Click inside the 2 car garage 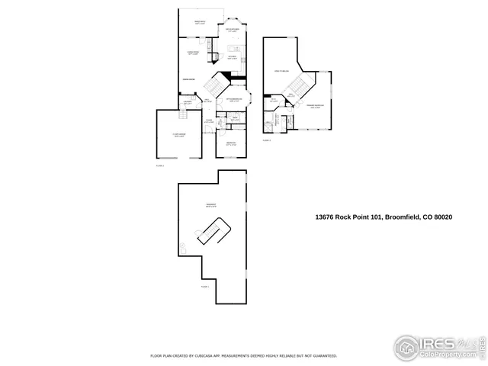[x=180, y=137]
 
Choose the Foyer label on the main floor [x=208, y=120]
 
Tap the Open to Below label [x=283, y=71]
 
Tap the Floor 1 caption [x=204, y=287]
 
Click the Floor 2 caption [x=160, y=165]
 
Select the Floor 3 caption [x=267, y=140]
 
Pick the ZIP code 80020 [x=443, y=217]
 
